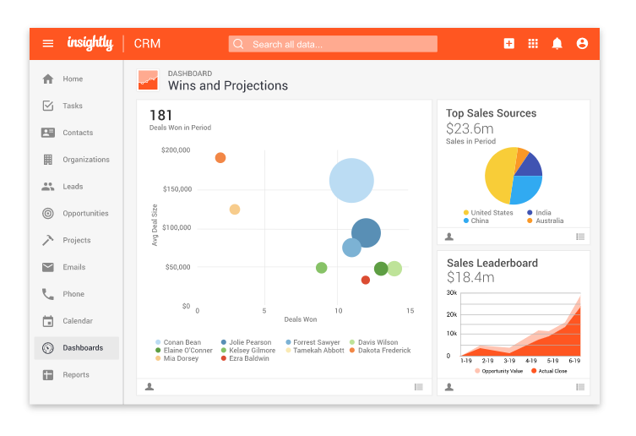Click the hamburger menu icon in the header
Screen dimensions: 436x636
pos(48,44)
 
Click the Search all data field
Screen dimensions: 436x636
pos(333,44)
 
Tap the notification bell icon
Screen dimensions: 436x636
pos(557,44)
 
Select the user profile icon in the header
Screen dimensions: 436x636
pos(582,44)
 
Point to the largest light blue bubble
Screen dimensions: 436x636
pos(351,181)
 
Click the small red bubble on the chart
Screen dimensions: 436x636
pos(366,280)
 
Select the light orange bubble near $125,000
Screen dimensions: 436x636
pos(235,210)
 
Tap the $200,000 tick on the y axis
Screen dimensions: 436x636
pos(175,150)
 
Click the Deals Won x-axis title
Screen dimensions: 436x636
pos(301,319)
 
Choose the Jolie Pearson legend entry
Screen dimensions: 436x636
pos(247,343)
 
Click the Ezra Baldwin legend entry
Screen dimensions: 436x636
pos(246,358)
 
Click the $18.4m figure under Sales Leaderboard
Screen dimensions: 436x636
pos(470,277)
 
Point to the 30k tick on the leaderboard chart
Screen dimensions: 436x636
pos(452,293)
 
